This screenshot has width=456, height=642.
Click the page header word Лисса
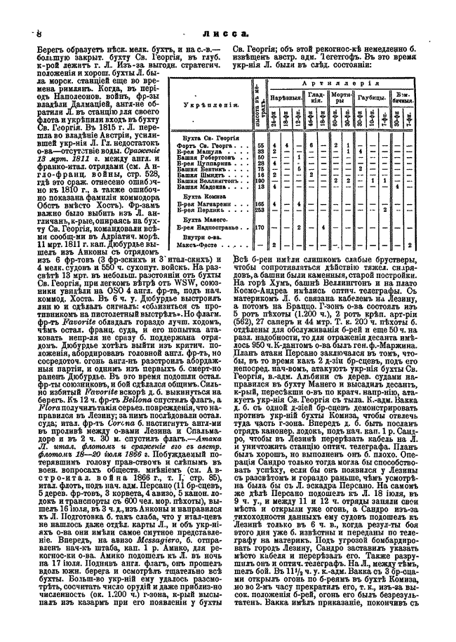tap(228, 33)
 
